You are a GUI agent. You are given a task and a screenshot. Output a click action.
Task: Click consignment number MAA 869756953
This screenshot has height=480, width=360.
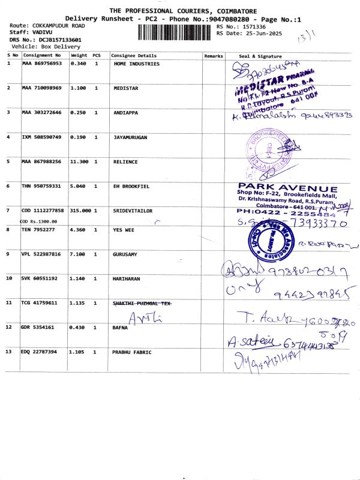pyautogui.click(x=42, y=63)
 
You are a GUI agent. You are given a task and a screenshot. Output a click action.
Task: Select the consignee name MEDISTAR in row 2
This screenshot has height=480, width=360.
pyautogui.click(x=126, y=88)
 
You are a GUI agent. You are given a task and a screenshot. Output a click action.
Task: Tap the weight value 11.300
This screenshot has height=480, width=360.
pyautogui.click(x=80, y=162)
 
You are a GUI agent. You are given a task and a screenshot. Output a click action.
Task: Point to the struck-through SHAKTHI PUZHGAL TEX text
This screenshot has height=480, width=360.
pyautogui.click(x=142, y=303)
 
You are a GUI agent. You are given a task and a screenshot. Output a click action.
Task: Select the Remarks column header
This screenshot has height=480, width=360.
pyautogui.click(x=214, y=56)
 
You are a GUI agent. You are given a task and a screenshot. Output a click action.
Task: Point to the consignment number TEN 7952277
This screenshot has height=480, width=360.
pyautogui.click(x=40, y=229)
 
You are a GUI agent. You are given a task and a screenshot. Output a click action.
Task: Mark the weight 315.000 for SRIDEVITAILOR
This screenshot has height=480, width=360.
pyautogui.click(x=80, y=211)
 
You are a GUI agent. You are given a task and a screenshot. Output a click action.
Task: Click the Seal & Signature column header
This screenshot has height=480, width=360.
pyautogui.click(x=256, y=56)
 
